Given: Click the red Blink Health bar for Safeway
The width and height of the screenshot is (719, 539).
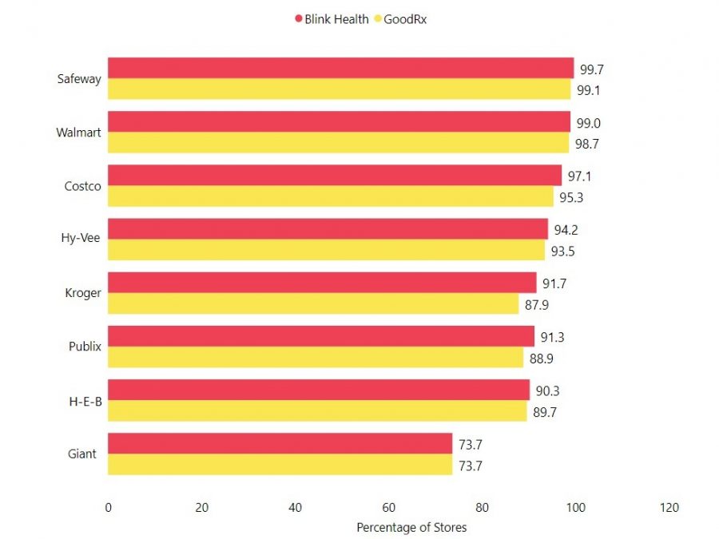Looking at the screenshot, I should click(x=340, y=68).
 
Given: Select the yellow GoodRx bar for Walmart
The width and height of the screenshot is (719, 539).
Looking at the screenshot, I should click(x=338, y=143).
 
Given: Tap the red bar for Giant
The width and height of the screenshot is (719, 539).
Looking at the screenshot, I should click(x=280, y=443).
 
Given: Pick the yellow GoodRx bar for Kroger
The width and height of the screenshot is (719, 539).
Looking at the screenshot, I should click(x=313, y=303).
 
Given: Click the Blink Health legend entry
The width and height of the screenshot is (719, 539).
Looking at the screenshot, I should click(x=332, y=18).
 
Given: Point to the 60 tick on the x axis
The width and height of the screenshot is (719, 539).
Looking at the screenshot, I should click(x=389, y=507).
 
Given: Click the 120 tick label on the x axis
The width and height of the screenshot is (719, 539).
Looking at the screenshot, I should click(x=669, y=507).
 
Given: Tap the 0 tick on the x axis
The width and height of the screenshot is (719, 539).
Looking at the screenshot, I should click(x=108, y=507).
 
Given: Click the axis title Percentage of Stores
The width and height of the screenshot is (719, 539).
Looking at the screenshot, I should click(x=411, y=527).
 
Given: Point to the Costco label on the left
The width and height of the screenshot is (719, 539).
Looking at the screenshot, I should click(x=82, y=186).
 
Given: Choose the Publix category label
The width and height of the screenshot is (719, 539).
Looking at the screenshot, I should click(x=85, y=347).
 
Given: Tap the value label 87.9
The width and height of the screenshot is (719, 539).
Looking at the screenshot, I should click(x=536, y=304).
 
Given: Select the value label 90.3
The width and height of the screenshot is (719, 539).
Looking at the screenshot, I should click(x=547, y=391).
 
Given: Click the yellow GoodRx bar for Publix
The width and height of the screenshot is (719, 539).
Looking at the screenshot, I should click(x=316, y=357).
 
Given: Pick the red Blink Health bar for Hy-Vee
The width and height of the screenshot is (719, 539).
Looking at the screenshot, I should click(x=328, y=229).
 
